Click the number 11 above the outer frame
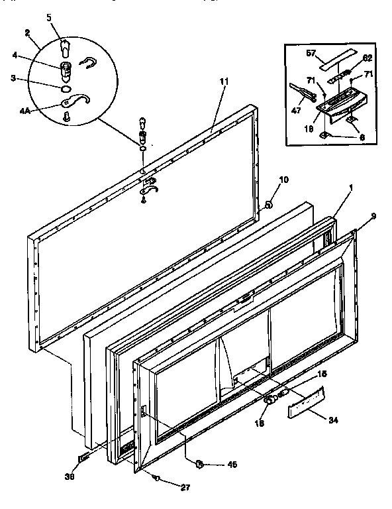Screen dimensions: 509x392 (x=223, y=82)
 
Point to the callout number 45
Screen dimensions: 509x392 (x=231, y=465)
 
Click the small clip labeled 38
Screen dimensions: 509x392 (x=83, y=458)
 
